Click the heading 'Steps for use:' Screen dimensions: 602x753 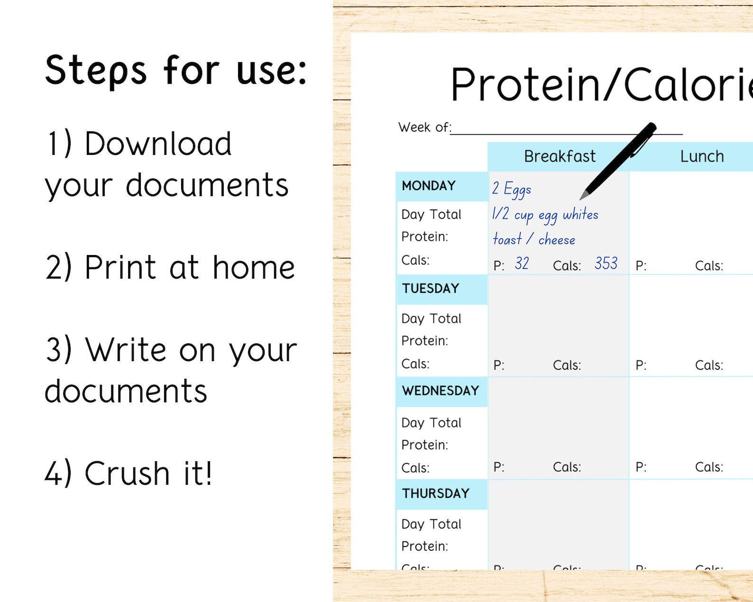176,70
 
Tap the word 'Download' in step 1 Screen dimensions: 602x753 158,144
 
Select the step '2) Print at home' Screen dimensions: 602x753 170,267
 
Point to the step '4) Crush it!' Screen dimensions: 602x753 129,473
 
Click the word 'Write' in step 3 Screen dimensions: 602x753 126,350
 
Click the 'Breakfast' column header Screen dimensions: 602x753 560,156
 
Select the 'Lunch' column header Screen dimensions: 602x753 702,156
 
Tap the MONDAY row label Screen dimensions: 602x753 429,186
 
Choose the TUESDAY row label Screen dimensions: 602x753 431,288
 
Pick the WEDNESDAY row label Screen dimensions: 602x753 441,391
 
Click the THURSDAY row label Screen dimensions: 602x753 436,493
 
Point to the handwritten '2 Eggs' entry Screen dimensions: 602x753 512,189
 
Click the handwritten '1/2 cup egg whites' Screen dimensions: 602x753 545,215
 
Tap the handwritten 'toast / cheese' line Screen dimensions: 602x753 534,239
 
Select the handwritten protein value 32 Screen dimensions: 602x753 522,264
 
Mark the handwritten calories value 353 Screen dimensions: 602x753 606,264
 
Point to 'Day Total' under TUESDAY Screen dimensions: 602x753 431,319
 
